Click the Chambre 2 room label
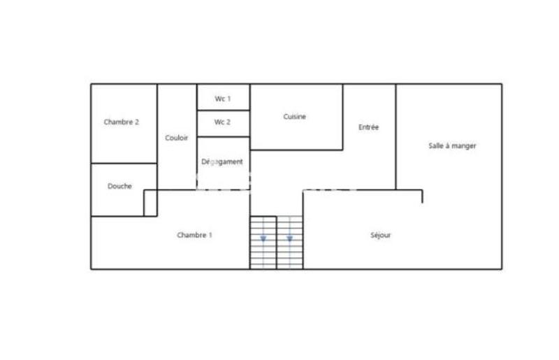pyautogui.click(x=121, y=122)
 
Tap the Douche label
pyautogui.click(x=119, y=186)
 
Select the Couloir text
pyautogui.click(x=176, y=138)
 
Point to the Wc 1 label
pyautogui.click(x=222, y=99)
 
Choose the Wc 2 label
pyautogui.click(x=222, y=122)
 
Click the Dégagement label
pyautogui.click(x=222, y=161)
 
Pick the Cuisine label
pyautogui.click(x=294, y=117)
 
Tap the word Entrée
pyautogui.click(x=368, y=127)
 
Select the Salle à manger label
pyautogui.click(x=452, y=145)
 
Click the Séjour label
pyautogui.click(x=380, y=235)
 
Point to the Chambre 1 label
pyautogui.click(x=194, y=235)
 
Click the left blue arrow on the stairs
pyautogui.click(x=263, y=239)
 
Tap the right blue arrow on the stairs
pyautogui.click(x=289, y=239)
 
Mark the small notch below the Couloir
pyautogui.click(x=150, y=203)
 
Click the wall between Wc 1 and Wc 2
pyautogui.click(x=223, y=110)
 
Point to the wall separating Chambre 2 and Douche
pyautogui.click(x=124, y=164)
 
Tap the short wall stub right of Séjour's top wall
pyautogui.click(x=422, y=196)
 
